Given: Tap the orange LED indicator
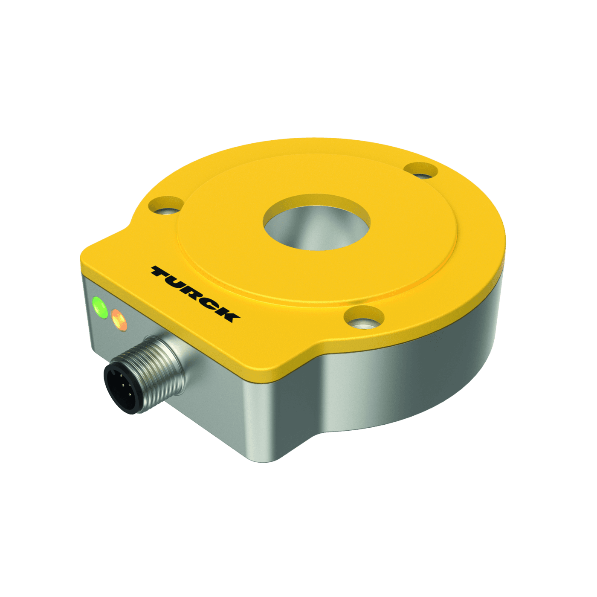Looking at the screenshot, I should pyautogui.click(x=119, y=320).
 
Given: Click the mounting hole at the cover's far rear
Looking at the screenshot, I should pyautogui.click(x=421, y=171).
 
